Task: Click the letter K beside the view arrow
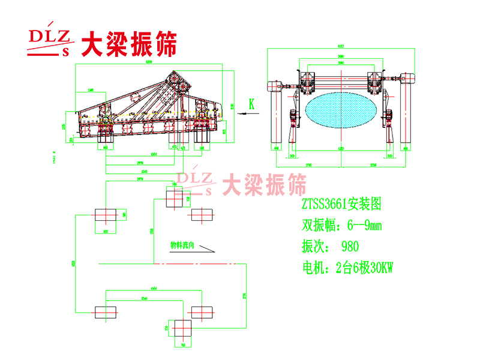[252, 104]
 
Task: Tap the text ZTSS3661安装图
[341, 204]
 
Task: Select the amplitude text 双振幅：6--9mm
[341, 225]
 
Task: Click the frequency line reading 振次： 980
[330, 246]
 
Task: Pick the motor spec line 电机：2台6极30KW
[347, 268]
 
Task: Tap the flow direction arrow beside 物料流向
[205, 247]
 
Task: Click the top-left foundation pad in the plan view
[106, 215]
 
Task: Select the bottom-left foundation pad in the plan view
[106, 311]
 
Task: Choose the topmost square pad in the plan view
[175, 199]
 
